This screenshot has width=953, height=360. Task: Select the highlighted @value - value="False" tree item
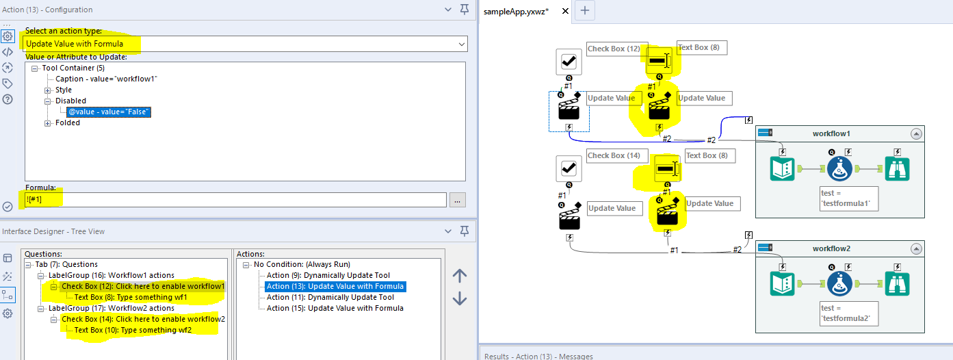point(109,112)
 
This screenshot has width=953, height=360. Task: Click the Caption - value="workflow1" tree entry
point(106,79)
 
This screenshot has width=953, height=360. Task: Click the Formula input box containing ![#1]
point(235,199)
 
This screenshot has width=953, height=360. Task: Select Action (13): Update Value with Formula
point(335,286)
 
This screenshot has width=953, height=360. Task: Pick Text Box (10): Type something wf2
point(133,330)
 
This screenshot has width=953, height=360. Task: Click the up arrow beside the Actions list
point(460,276)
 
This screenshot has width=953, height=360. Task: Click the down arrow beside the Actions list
point(460,298)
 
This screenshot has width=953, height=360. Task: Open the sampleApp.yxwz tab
point(516,11)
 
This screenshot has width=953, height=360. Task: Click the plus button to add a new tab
point(585,11)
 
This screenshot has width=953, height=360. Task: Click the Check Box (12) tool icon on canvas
point(568,62)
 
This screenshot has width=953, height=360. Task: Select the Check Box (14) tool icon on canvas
point(568,168)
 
